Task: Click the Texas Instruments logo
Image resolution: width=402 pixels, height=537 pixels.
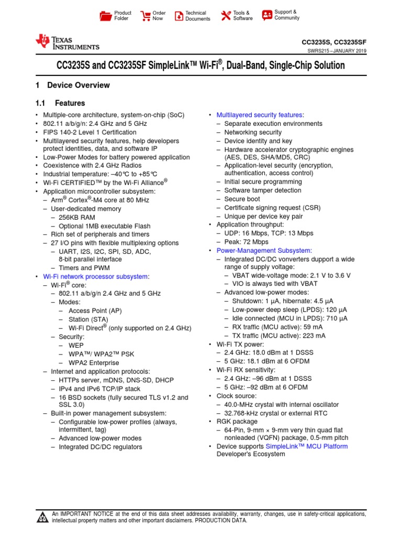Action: pyautogui.click(x=66, y=43)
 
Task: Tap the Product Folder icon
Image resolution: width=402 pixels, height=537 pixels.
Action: pyautogui.click(x=106, y=16)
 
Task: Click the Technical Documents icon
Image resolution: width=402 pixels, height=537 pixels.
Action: pyautogui.click(x=179, y=16)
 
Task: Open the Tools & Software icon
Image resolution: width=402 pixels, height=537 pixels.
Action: pyautogui.click(x=226, y=16)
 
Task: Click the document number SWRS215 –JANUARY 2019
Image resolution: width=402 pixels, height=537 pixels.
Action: pyautogui.click(x=337, y=51)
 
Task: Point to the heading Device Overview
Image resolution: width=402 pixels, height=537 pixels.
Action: pyautogui.click(x=78, y=85)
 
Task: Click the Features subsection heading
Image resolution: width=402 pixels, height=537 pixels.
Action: pyautogui.click(x=70, y=103)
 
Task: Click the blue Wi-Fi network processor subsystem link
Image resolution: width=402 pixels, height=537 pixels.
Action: pyautogui.click(x=96, y=276)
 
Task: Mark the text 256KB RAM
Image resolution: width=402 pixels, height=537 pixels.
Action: pyautogui.click(x=77, y=217)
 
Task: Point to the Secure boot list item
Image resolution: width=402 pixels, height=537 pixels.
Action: pyautogui.click(x=242, y=199)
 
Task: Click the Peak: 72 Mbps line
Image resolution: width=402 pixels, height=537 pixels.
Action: pyautogui.click(x=246, y=242)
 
